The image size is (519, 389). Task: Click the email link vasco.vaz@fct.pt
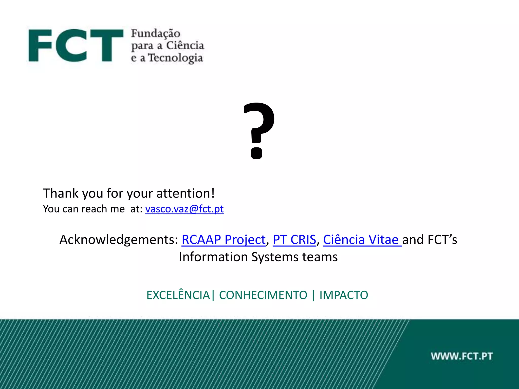(x=184, y=209)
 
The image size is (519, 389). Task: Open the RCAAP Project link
(x=224, y=240)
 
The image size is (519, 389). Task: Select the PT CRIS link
(x=294, y=240)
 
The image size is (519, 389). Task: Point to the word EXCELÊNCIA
(x=178, y=295)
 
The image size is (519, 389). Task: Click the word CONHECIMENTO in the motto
(x=263, y=295)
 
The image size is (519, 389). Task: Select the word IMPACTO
(x=344, y=295)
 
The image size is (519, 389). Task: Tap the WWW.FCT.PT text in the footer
(x=462, y=356)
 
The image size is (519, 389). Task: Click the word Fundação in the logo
(x=156, y=34)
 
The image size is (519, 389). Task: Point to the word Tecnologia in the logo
(x=175, y=58)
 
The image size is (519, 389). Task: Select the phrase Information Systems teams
(x=258, y=257)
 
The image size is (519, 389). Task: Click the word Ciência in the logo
(x=185, y=46)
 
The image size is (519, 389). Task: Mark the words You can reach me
(x=84, y=209)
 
